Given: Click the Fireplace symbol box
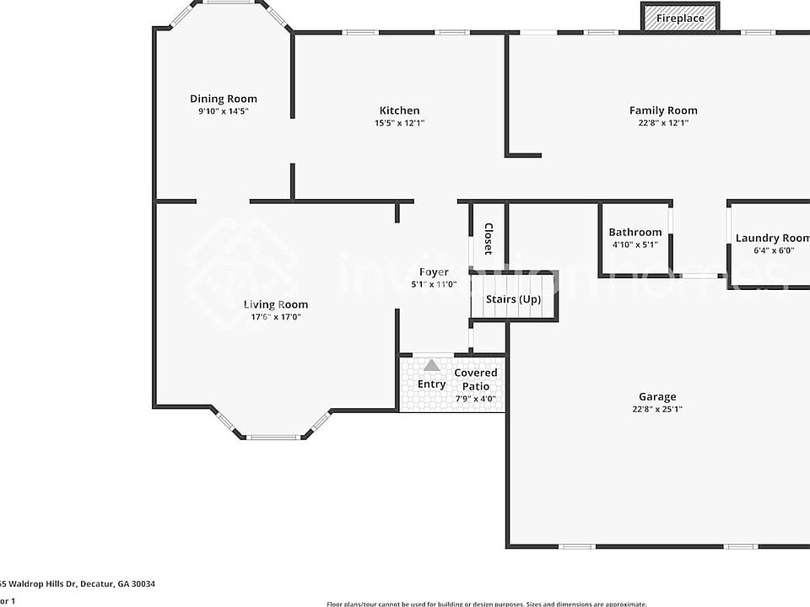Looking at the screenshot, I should point(680,18).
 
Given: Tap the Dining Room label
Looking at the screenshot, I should point(223,99).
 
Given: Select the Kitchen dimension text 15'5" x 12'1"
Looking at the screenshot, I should point(399,123).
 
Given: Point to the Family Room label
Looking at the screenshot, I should point(663,110).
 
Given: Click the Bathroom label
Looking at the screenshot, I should point(634,233).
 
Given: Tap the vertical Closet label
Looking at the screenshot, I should point(488,239).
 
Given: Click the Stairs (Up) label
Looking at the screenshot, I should point(513,299).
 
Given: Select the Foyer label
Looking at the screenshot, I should point(434,271).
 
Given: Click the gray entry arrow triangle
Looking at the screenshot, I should point(432,365).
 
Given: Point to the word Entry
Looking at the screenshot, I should point(431,384).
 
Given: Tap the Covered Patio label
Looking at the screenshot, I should point(476,379).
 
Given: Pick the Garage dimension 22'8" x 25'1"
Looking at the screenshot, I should point(656,410).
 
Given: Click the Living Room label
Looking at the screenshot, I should point(276,304).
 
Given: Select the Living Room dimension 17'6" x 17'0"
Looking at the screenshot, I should point(276,317).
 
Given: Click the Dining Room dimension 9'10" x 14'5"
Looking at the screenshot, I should point(223,111).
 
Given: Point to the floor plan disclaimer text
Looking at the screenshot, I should point(486,603).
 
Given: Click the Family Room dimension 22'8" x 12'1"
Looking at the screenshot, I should point(663,123).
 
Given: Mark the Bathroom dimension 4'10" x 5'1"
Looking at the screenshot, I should point(634,244).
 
